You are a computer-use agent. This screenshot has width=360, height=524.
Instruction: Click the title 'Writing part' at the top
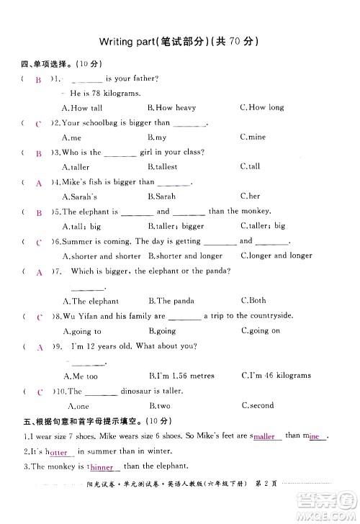[x=133, y=41]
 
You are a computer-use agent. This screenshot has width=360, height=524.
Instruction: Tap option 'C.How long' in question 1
[x=262, y=108]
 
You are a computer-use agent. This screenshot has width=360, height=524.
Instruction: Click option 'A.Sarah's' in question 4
[x=79, y=196]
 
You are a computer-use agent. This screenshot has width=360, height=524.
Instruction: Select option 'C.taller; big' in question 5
[x=263, y=226]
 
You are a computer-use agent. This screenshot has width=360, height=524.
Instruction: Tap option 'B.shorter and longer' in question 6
[x=185, y=256]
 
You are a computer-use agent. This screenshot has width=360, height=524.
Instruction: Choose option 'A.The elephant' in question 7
[x=91, y=301]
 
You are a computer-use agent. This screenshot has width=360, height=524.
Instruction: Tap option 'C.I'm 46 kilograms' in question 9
[x=276, y=376]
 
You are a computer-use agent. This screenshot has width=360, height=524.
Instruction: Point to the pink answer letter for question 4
[x=39, y=183]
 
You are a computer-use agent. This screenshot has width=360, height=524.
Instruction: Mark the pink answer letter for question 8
[x=39, y=317]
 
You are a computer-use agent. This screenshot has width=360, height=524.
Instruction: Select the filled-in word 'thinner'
[x=103, y=468]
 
